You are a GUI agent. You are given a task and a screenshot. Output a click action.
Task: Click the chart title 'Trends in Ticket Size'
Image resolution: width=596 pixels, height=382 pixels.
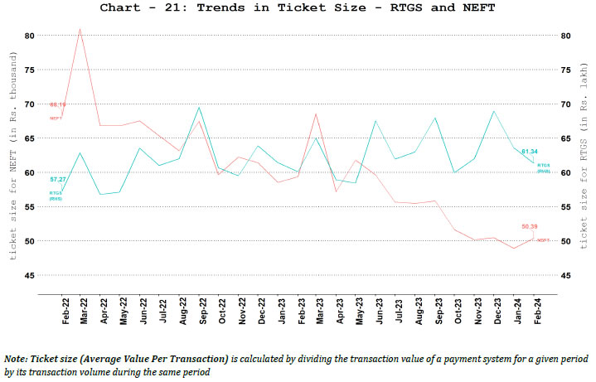[x=298, y=8]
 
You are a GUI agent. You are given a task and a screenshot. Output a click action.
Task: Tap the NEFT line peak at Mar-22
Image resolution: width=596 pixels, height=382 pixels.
[x=80, y=29]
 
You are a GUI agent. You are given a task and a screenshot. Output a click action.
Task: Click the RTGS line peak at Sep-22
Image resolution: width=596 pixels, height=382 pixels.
[x=199, y=107]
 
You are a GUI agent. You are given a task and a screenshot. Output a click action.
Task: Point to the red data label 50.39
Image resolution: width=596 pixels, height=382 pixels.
[x=531, y=226]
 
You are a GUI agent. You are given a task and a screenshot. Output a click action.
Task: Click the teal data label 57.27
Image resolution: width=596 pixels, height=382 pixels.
[x=57, y=179]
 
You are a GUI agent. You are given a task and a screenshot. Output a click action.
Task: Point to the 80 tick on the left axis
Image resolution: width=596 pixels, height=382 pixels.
[x=29, y=36]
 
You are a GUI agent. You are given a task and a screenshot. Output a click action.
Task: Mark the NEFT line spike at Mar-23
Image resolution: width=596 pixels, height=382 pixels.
[x=317, y=114]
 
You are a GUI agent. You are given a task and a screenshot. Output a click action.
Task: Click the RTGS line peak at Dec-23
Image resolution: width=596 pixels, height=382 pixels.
[x=495, y=111]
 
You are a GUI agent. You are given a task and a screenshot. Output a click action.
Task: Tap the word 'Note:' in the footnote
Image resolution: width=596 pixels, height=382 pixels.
[x=18, y=358]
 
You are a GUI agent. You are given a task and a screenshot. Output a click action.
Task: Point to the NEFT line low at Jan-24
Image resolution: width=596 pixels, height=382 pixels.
[x=515, y=248]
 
